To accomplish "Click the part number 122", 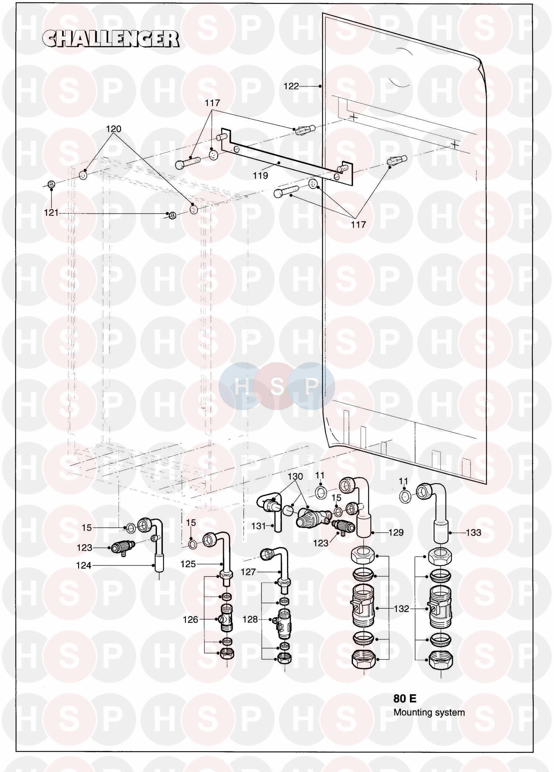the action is (291, 86).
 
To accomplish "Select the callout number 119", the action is (260, 176).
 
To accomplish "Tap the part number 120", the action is (113, 129).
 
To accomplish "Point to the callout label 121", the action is (51, 213).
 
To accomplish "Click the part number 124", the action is (83, 565).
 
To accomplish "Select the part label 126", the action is (191, 620).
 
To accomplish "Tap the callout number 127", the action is (248, 572).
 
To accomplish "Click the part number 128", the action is (250, 619).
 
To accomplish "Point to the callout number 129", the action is (396, 533).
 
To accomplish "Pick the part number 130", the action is (295, 476).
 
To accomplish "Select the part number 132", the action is (401, 609).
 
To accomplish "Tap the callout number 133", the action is (473, 533).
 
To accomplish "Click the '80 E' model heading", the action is (405, 698).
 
